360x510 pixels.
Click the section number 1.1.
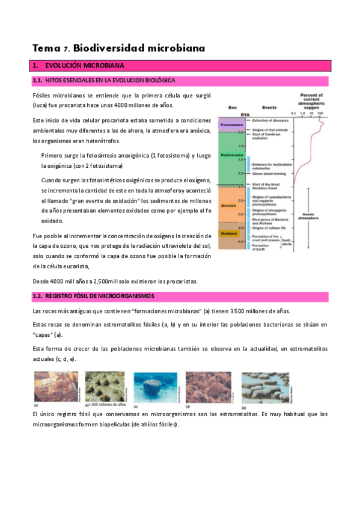coord(37,81)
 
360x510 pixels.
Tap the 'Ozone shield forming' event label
coord(269,174)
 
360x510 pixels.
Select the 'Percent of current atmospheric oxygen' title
coord(311,100)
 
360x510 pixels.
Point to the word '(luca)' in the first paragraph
coord(41,105)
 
